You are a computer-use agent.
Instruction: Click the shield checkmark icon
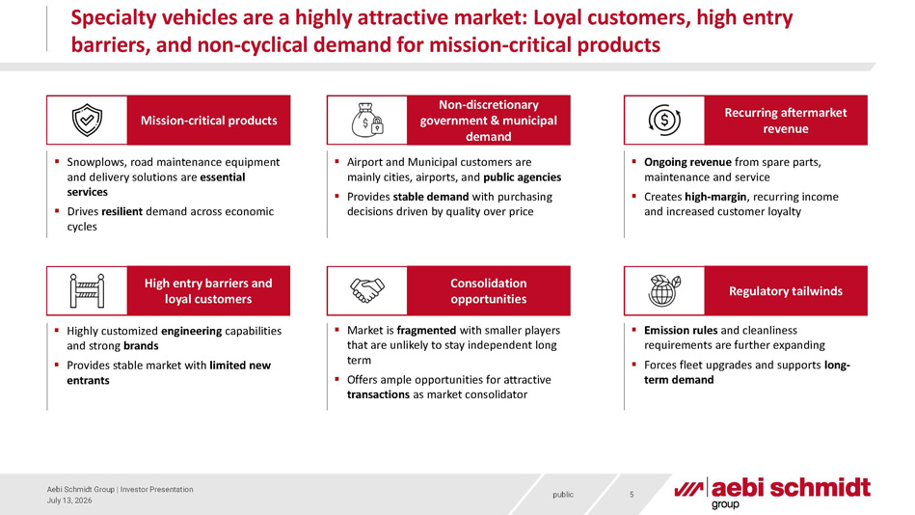coord(87,121)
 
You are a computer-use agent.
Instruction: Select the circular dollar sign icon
coord(664,121)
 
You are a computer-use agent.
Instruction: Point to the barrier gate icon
coord(87,291)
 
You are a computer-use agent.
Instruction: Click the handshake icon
coord(367,290)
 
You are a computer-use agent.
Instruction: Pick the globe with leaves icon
coord(664,290)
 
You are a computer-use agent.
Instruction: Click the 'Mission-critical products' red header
coord(208,121)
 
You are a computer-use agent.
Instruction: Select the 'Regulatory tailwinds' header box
coord(786,291)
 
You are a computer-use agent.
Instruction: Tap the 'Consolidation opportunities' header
coord(489,291)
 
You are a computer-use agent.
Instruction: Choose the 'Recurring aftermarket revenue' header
coord(786,121)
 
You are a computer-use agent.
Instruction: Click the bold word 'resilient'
coord(121,211)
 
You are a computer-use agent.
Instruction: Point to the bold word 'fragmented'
coord(426,331)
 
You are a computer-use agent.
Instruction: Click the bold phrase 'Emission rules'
coord(673,331)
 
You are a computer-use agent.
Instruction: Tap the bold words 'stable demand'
coord(431,197)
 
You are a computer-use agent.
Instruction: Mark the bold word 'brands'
coord(141,345)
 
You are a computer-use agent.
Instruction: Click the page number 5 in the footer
coord(632,495)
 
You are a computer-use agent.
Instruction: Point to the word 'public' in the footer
coord(563,495)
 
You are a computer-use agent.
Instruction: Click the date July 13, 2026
coord(69,501)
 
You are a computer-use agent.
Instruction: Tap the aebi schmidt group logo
coord(772,493)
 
